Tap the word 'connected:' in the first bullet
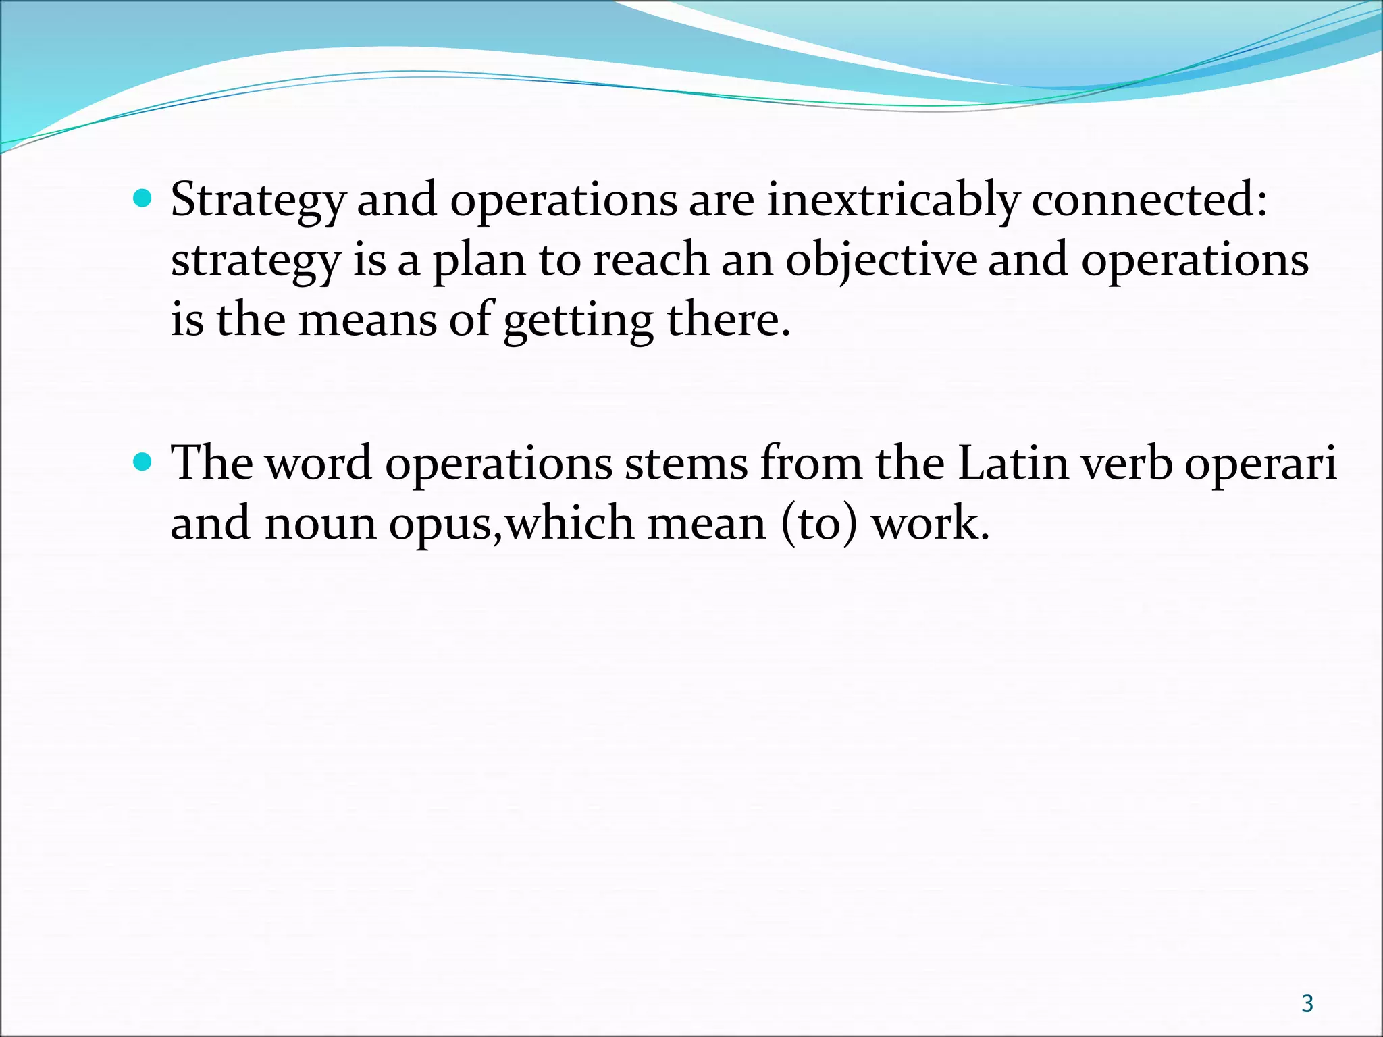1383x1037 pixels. click(1149, 201)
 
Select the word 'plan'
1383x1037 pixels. click(479, 261)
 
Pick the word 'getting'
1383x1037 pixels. click(578, 321)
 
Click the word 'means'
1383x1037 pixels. click(368, 319)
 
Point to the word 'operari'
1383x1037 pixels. click(1261, 465)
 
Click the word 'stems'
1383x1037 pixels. click(686, 464)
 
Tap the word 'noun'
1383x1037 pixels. click(320, 524)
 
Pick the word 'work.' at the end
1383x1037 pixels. click(931, 524)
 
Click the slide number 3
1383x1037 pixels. click(1307, 1004)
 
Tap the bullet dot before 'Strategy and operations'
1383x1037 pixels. click(143, 199)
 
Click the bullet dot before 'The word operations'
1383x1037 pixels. click(143, 462)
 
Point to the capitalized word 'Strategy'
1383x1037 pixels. click(258, 201)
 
